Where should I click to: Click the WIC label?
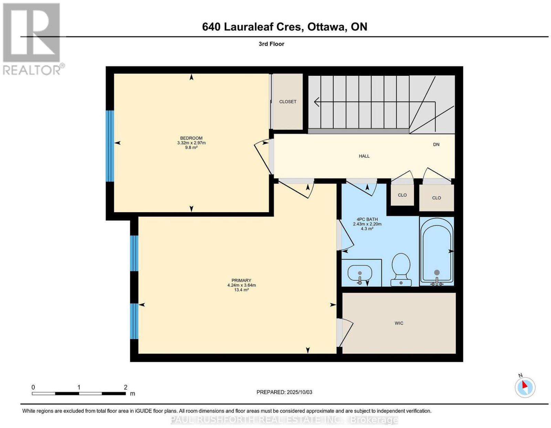(399, 323)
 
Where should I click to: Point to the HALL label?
(364, 156)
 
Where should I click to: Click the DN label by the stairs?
(436, 144)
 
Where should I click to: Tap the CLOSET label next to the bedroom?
(288, 102)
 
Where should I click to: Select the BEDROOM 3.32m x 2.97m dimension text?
(191, 143)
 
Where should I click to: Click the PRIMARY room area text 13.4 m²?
(241, 290)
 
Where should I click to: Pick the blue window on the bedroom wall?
(110, 146)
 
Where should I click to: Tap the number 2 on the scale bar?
(125, 387)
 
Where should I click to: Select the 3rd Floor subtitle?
(271, 44)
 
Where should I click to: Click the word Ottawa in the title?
(327, 27)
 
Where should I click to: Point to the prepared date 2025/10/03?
(299, 392)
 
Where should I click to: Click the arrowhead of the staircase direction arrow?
(316, 102)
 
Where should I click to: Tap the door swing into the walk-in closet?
(345, 333)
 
